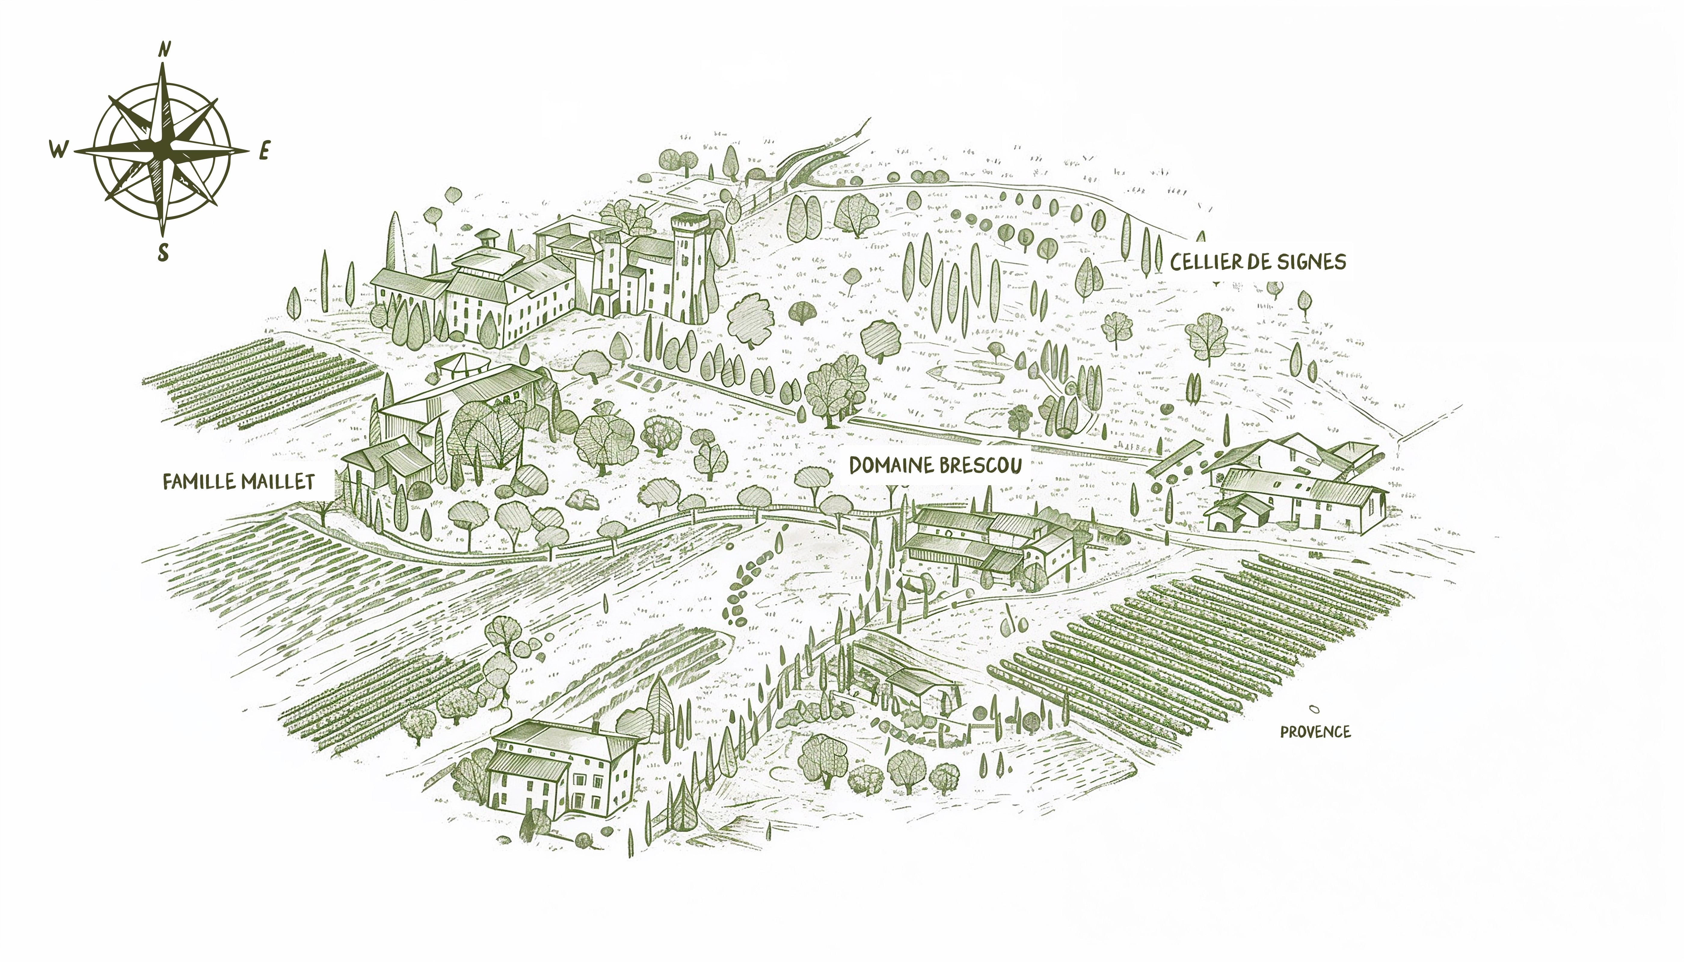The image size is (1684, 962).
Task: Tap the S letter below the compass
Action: pyautogui.click(x=163, y=253)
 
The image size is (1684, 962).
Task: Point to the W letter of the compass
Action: pyautogui.click(x=58, y=150)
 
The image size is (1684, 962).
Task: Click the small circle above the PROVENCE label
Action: pyautogui.click(x=1314, y=709)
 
